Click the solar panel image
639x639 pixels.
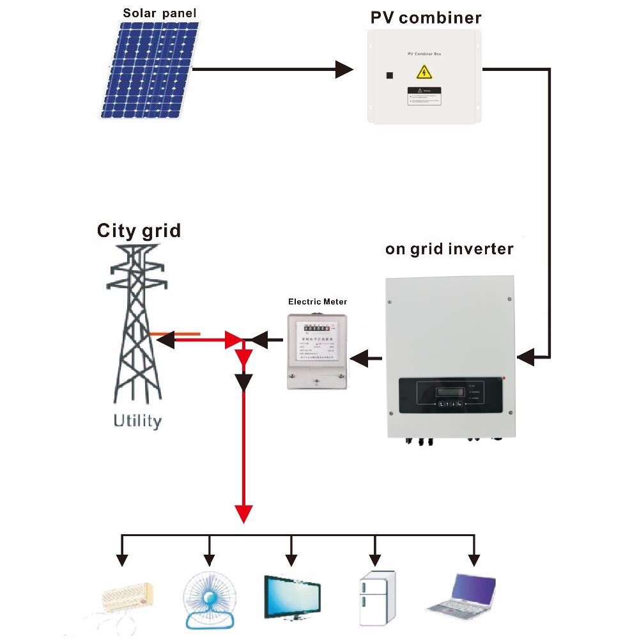point(151,70)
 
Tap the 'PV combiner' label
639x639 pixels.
point(426,17)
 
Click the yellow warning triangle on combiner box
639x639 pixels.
point(424,71)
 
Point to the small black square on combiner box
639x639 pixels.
point(389,75)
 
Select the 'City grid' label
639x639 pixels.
point(139,230)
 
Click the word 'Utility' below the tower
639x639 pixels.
point(137,421)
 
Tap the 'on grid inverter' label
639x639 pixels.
point(449,249)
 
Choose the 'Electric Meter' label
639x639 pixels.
point(318,301)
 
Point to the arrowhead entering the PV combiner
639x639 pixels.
point(344,69)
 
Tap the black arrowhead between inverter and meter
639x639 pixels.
point(358,358)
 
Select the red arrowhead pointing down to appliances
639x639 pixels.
point(243,513)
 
